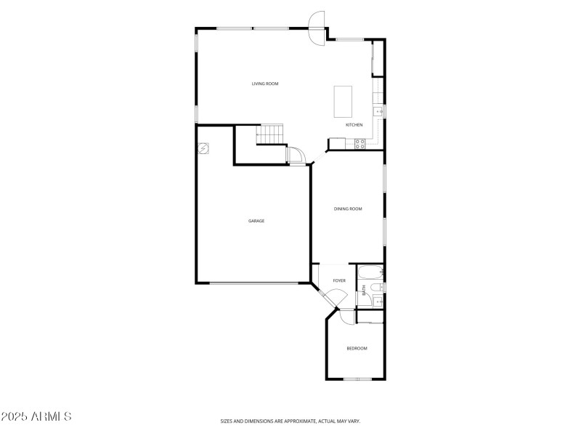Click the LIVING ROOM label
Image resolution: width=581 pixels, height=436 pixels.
point(265,84)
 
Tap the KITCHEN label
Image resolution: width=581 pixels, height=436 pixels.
point(354,125)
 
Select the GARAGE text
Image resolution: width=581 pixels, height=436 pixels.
point(256,221)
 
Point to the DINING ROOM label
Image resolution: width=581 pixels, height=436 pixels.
point(348,209)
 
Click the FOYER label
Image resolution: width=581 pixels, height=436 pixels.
point(339,280)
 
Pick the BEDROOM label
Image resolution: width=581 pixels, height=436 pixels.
point(357,349)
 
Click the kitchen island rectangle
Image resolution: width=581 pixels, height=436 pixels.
point(342,102)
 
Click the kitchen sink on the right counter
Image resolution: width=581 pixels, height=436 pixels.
point(378,111)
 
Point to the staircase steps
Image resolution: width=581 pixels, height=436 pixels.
point(269,134)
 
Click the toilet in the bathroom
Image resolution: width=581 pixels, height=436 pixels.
point(375,288)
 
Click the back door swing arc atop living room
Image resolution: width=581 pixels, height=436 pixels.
point(317,27)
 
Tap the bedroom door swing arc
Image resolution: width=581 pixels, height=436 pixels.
point(344,316)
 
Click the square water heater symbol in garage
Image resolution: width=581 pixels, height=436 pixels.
point(205,148)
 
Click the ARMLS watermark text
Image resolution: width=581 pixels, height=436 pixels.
point(36,417)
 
